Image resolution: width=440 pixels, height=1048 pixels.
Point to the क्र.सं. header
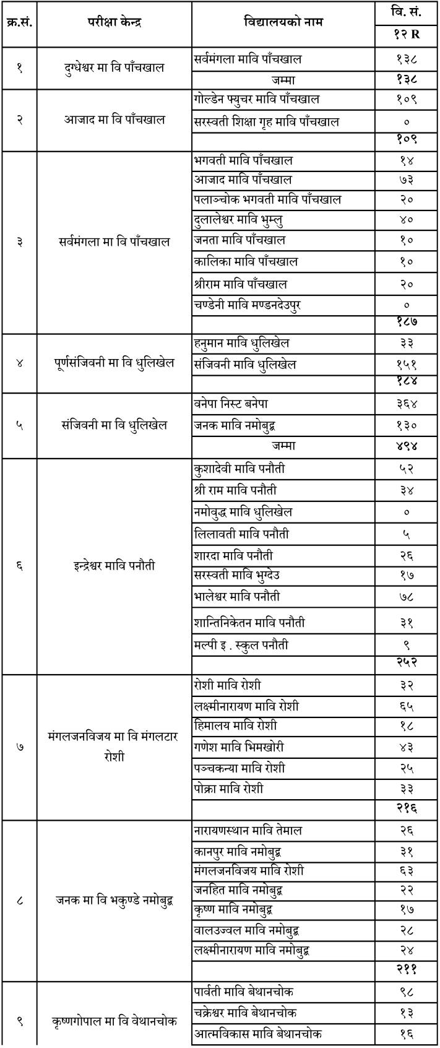click(19, 23)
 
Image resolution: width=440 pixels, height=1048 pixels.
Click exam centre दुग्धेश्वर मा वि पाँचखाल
click(114, 67)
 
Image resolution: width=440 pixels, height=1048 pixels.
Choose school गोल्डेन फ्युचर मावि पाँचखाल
click(256, 99)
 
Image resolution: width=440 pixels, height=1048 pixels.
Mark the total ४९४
click(406, 446)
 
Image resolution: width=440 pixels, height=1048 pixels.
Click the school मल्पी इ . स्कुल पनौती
click(241, 644)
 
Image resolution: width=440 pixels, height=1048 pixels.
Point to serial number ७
click(19, 747)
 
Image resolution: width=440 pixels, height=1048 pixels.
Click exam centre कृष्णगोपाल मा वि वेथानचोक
click(114, 1021)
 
